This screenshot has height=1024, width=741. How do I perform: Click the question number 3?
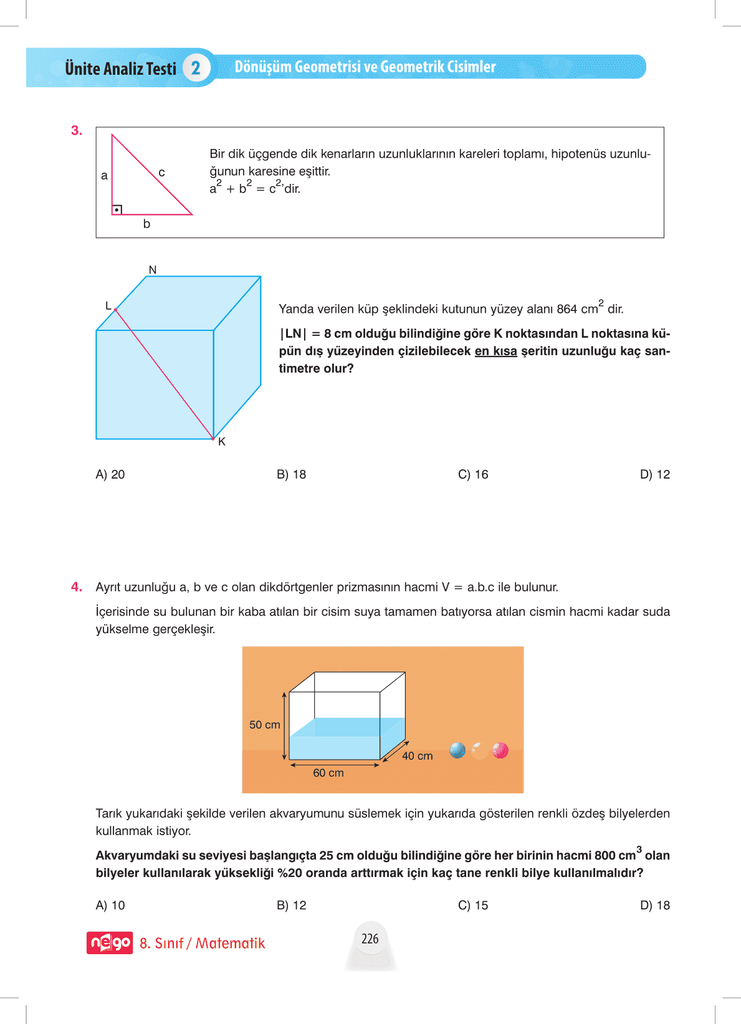click(76, 131)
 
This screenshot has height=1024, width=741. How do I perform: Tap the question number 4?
click(76, 587)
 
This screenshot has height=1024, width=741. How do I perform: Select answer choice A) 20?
click(110, 474)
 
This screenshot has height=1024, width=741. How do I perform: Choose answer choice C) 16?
click(473, 474)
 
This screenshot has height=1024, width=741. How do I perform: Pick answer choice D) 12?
click(654, 474)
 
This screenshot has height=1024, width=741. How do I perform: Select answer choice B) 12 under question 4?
click(292, 905)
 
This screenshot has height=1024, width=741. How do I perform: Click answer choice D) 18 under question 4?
click(654, 905)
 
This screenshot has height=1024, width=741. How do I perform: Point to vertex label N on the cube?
click(153, 270)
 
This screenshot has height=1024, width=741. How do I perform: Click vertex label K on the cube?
click(222, 441)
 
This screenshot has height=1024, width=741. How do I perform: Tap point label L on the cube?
click(108, 305)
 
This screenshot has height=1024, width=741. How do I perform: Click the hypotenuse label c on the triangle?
click(161, 173)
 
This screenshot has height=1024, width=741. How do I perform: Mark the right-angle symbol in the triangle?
click(117, 209)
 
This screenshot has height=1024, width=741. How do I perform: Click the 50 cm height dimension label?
click(265, 725)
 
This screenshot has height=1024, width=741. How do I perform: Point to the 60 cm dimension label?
click(328, 773)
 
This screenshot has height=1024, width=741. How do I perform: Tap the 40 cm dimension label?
click(418, 756)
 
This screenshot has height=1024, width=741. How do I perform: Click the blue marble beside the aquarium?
click(457, 750)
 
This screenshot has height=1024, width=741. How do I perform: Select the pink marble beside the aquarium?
click(500, 750)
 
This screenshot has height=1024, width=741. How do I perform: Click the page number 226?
click(370, 939)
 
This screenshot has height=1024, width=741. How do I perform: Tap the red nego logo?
click(110, 942)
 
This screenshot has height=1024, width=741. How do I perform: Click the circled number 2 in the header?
click(196, 68)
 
